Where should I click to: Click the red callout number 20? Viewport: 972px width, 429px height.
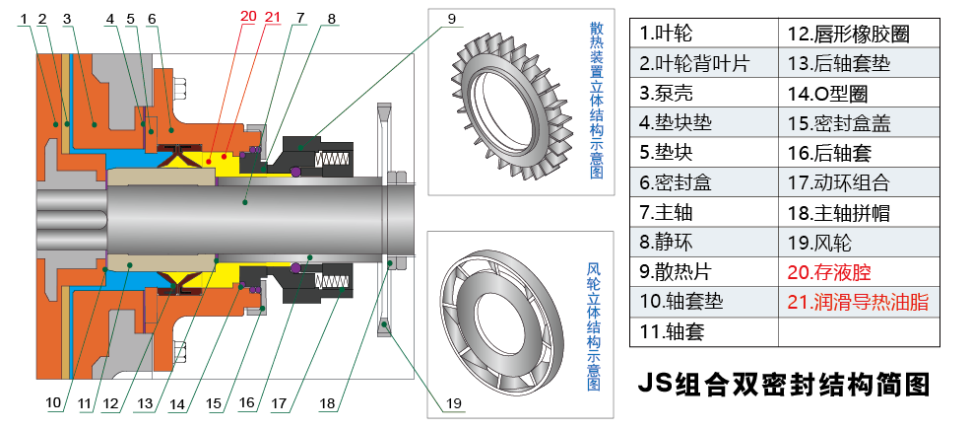247,17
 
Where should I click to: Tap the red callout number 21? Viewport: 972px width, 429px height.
271,17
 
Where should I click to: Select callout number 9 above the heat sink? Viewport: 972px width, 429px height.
451,18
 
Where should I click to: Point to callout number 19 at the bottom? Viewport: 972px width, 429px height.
453,402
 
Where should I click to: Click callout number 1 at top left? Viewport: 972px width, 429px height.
25,18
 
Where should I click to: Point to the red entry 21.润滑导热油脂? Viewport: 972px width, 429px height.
858,302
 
